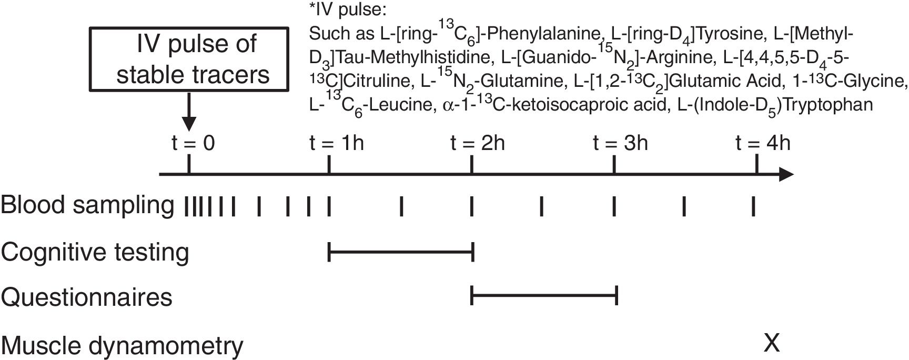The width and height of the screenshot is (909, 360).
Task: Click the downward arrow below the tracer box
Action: (x=188, y=114)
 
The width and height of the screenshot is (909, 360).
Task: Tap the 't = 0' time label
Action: (x=193, y=143)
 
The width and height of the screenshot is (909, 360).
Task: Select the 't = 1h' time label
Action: (x=337, y=143)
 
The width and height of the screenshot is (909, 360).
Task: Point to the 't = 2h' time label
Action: (x=478, y=143)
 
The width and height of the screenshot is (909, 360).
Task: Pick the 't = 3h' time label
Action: (x=620, y=143)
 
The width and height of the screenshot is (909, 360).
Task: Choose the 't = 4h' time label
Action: (x=763, y=143)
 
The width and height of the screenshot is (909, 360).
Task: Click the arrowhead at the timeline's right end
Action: (x=786, y=174)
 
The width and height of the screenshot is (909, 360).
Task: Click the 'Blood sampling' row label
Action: (x=87, y=205)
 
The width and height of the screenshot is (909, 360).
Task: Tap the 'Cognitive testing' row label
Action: (x=95, y=252)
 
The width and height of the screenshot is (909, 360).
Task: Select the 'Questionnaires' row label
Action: (x=86, y=297)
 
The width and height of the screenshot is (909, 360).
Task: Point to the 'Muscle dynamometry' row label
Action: (x=122, y=346)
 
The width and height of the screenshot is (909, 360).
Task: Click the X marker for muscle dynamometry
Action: (x=771, y=343)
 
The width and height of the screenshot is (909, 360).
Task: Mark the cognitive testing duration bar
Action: (x=401, y=253)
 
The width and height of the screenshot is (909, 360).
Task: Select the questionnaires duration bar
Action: (x=544, y=297)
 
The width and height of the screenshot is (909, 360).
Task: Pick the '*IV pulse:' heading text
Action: (x=348, y=10)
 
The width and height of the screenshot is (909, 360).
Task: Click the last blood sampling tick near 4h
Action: (x=754, y=206)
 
